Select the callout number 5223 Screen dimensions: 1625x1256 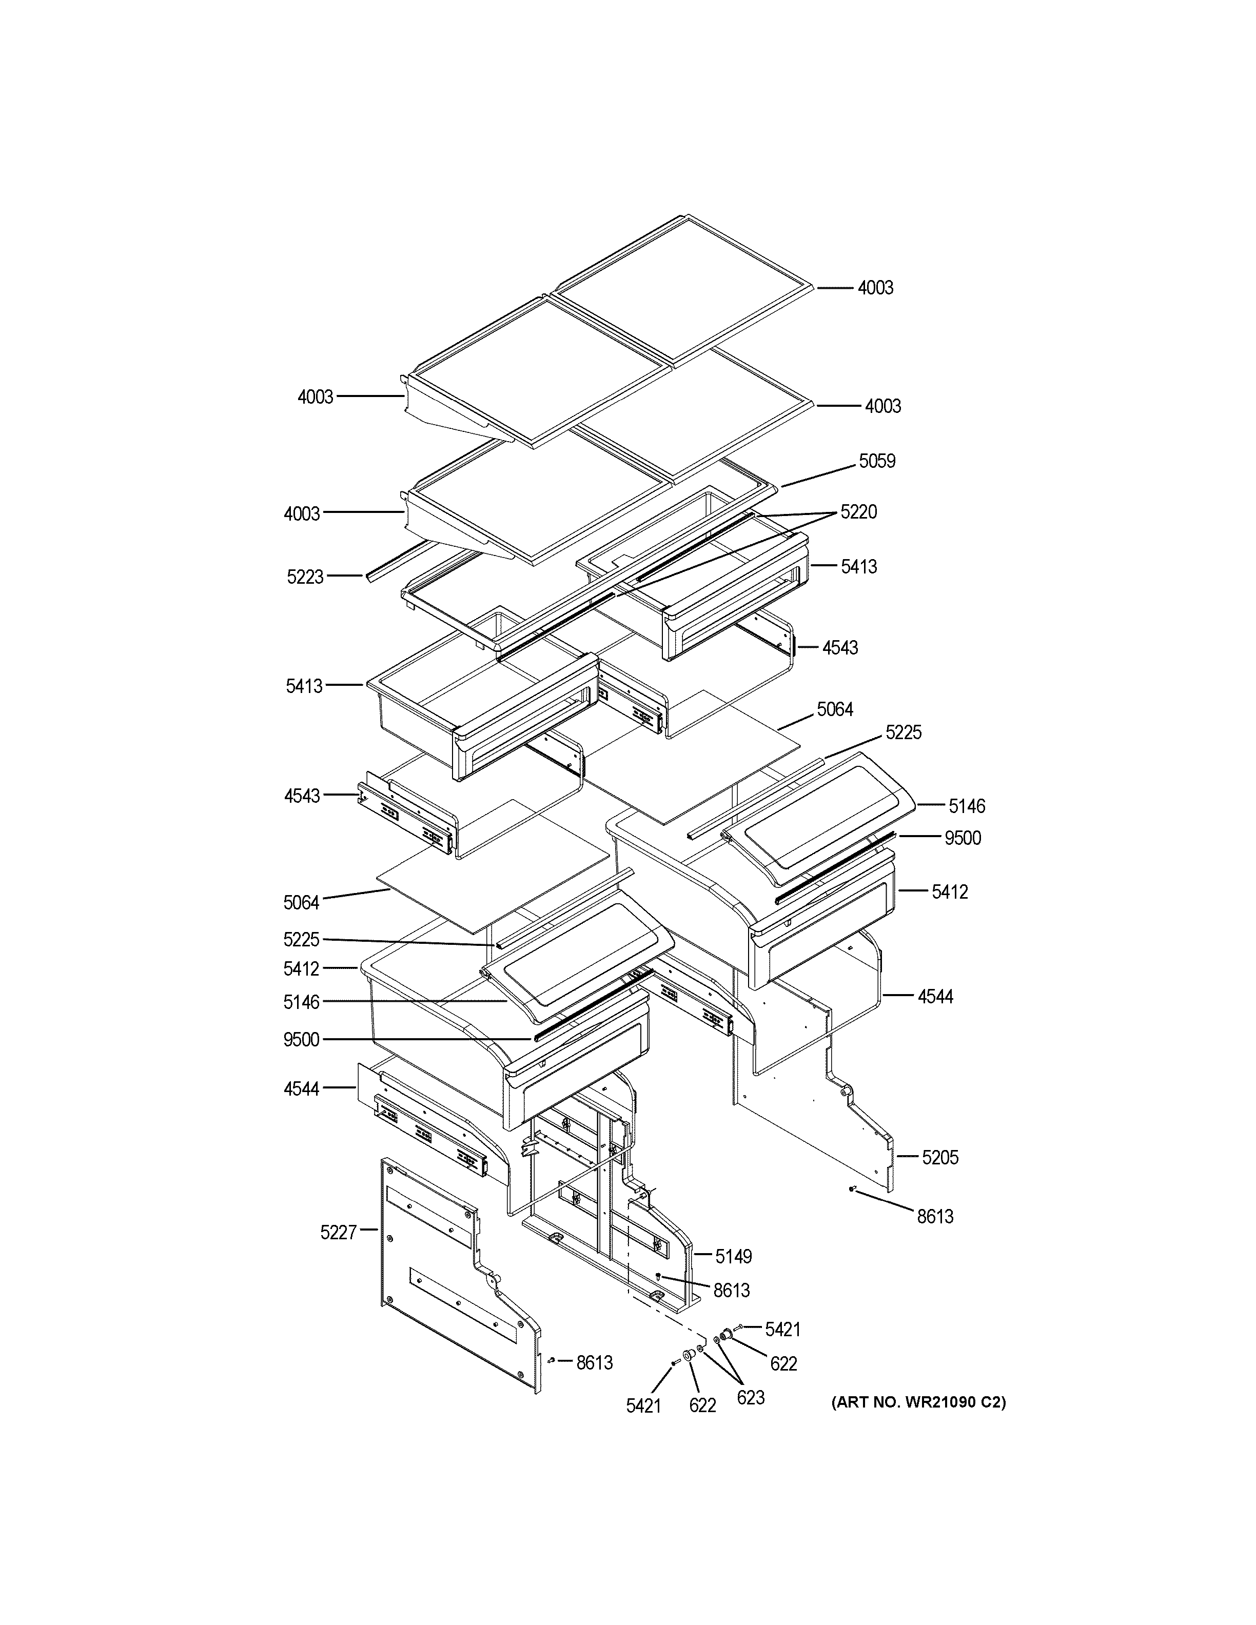[305, 577]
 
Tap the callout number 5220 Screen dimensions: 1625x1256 [859, 512]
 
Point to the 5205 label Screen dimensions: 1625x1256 [940, 1157]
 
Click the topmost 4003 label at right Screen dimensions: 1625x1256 [875, 288]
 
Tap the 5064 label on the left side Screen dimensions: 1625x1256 [301, 903]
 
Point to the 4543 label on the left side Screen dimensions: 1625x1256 [302, 796]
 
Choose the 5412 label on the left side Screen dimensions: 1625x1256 [301, 969]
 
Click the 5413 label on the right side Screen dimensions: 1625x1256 [859, 567]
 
